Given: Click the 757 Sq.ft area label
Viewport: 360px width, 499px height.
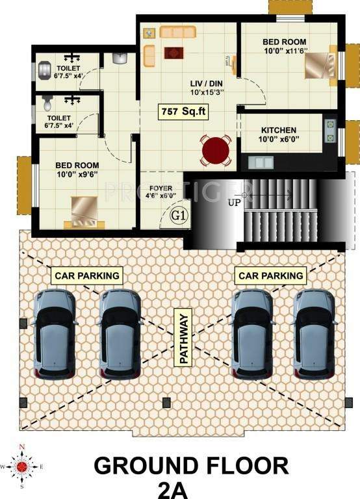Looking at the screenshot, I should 184,112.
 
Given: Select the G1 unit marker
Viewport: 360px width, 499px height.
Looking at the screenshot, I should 179,214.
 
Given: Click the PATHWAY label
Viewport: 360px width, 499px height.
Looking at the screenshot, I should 183,337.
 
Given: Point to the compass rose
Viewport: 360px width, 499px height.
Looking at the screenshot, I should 22,465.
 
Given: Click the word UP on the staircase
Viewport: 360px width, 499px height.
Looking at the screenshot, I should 235,202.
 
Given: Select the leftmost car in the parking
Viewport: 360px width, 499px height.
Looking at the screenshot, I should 57,334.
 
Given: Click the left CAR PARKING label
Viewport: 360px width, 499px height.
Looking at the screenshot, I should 88,275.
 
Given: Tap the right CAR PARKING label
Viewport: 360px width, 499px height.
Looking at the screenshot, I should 271,275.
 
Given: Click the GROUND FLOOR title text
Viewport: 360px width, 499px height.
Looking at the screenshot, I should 192,466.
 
